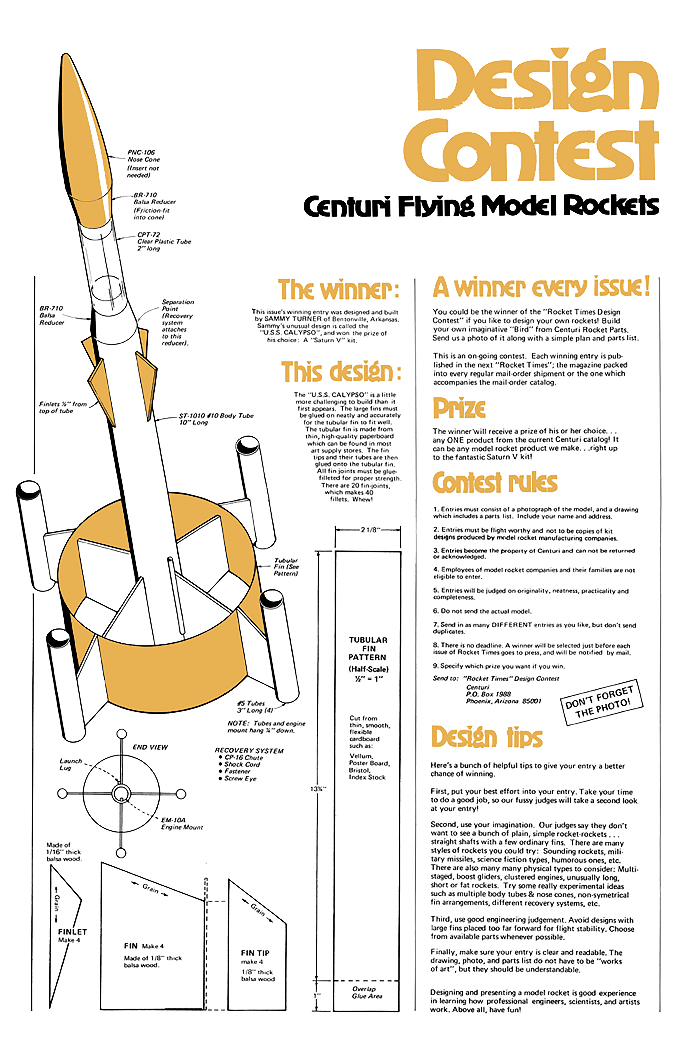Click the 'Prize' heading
(459, 408)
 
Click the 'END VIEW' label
(150, 747)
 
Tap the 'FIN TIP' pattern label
(255, 953)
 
